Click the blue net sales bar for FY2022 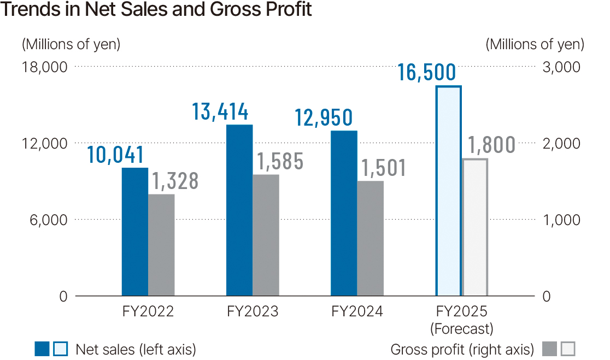(134, 232)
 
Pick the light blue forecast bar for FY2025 (448, 191)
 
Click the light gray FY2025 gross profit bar (474, 227)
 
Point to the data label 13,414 (220, 112)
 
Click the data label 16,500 (426, 73)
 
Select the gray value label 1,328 (174, 181)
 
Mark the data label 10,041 (116, 155)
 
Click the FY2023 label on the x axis (253, 311)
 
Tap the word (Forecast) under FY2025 (461, 329)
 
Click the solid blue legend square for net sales (42, 349)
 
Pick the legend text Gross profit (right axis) (462, 349)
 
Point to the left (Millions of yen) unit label (71, 44)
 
